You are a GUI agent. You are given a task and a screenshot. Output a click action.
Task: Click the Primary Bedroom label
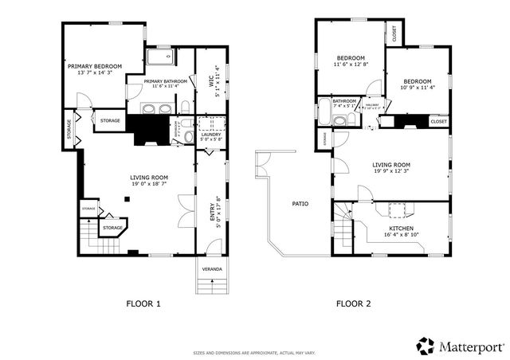(94, 65)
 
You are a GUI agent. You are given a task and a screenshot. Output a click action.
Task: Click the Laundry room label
(210, 134)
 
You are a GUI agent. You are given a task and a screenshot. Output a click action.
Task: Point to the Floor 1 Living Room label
(149, 177)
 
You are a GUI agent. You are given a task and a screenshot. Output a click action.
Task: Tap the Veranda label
(211, 269)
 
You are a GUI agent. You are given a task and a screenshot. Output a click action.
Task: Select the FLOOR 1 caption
(144, 303)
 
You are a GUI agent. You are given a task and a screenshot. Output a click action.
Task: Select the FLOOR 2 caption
(353, 303)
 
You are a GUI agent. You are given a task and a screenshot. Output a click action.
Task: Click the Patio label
(300, 204)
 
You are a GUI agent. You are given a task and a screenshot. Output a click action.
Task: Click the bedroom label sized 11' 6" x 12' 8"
(350, 58)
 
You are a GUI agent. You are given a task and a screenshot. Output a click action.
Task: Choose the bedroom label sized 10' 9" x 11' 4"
(417, 81)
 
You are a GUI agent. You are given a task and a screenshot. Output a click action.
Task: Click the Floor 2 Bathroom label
(344, 101)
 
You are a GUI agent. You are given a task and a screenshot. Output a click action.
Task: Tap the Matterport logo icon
(426, 346)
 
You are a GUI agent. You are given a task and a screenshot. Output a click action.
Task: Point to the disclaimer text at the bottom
(254, 351)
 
